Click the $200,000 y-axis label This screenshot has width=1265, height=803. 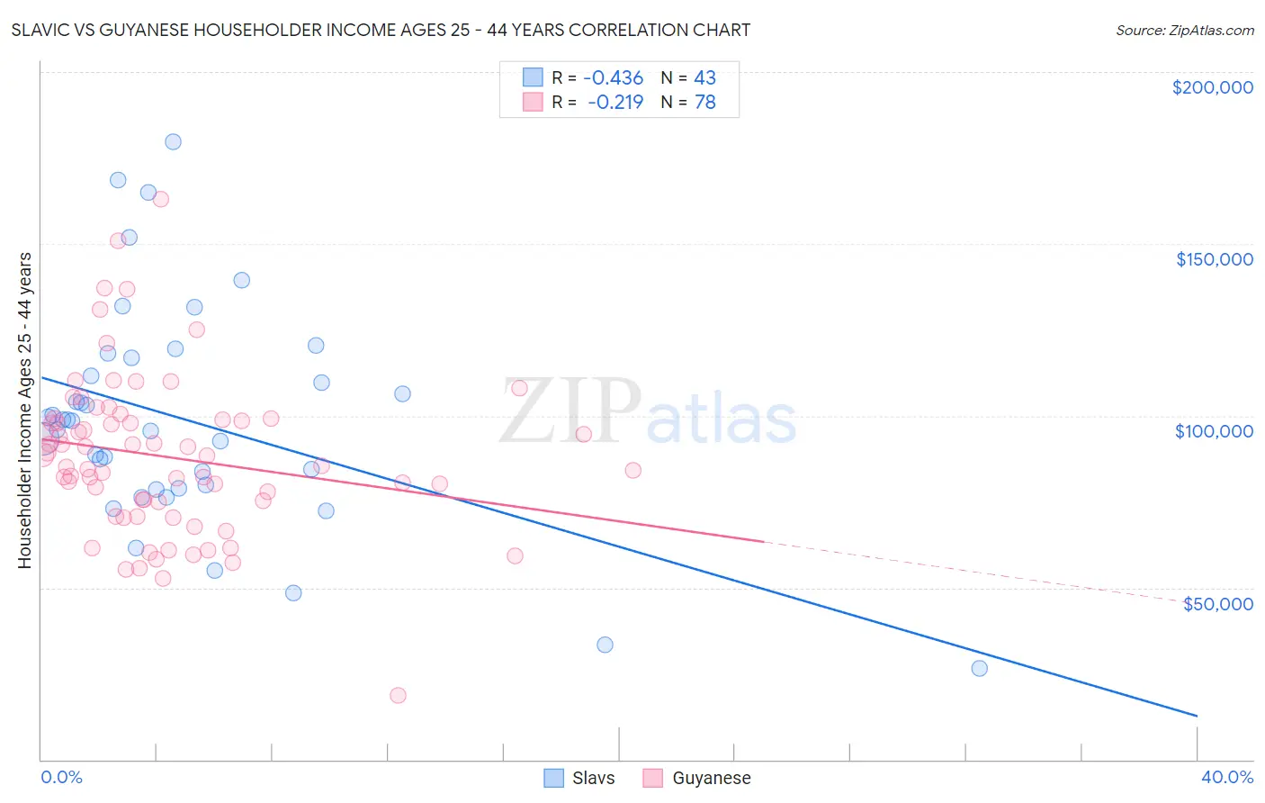point(1212,87)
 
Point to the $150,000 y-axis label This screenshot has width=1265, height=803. point(1214,259)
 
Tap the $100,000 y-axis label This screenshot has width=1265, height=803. point(1214,431)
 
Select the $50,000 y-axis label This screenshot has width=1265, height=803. point(1217,603)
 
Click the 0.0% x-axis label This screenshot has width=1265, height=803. point(61,777)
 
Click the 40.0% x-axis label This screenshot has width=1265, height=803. point(1226,777)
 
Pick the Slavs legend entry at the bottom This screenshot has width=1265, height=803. point(580,778)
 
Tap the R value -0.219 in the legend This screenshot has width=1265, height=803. point(615,103)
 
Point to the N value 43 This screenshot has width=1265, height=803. point(704,78)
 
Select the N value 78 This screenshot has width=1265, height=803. point(704,103)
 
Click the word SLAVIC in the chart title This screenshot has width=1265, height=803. point(39,30)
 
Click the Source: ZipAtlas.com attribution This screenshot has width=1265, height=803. point(1184,31)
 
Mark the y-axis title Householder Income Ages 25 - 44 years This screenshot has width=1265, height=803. point(25,411)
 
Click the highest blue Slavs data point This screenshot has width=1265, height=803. point(173,141)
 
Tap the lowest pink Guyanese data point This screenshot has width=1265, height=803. point(398,695)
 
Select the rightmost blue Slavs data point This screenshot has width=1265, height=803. point(979,668)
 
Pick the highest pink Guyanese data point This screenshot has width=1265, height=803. point(161,199)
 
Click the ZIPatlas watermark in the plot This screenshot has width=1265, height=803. point(648,412)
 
